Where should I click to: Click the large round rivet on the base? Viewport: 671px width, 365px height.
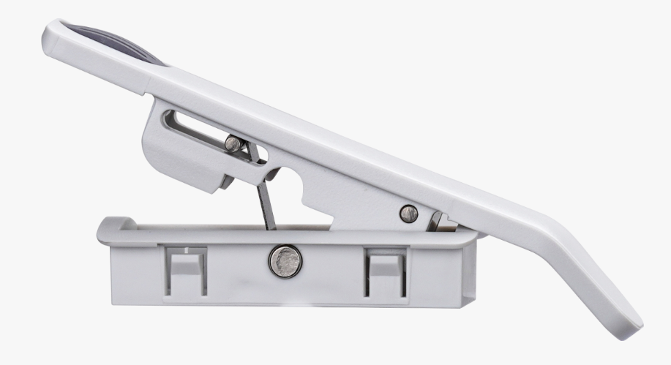click(285, 260)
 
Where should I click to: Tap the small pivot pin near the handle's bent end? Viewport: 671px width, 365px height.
click(408, 214)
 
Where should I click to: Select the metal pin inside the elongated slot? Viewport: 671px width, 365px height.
click(233, 143)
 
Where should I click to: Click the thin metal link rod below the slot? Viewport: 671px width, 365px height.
click(266, 205)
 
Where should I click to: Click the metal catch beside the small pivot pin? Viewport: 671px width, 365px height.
click(435, 220)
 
